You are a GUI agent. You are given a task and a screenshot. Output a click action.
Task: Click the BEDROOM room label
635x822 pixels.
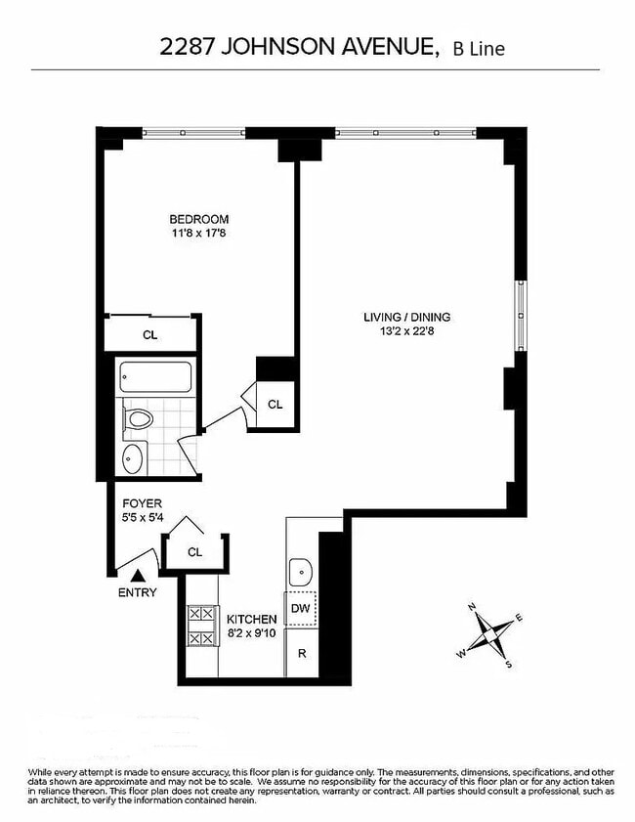pos(198,219)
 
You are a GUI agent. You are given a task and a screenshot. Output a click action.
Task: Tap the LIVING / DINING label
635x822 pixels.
pos(406,317)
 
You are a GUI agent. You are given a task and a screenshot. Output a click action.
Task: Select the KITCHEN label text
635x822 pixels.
pos(252,620)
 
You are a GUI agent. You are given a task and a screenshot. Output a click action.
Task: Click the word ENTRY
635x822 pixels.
pos(137,592)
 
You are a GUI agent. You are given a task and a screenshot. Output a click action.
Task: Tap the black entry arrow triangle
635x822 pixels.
pos(138,577)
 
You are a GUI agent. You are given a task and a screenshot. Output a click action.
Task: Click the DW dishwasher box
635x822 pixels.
pos(301,608)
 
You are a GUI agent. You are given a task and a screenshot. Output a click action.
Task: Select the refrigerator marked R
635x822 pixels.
pos(302,653)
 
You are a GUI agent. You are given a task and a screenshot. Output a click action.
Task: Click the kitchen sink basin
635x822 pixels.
pos(300,569)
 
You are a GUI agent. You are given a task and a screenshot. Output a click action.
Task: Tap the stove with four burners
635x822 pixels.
pos(202,627)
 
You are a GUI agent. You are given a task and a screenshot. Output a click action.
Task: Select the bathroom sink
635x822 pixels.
pos(134,457)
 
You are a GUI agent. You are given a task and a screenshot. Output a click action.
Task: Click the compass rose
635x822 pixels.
pos(488,635)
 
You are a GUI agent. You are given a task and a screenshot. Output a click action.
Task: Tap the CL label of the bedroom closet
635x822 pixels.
pos(150,335)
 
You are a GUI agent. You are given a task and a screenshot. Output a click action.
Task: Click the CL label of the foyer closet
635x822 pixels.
pos(194,552)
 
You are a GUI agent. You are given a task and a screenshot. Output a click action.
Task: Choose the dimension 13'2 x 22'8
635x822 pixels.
pos(406,330)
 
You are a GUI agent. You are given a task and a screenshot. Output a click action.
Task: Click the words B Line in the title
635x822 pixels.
pos(479,48)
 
